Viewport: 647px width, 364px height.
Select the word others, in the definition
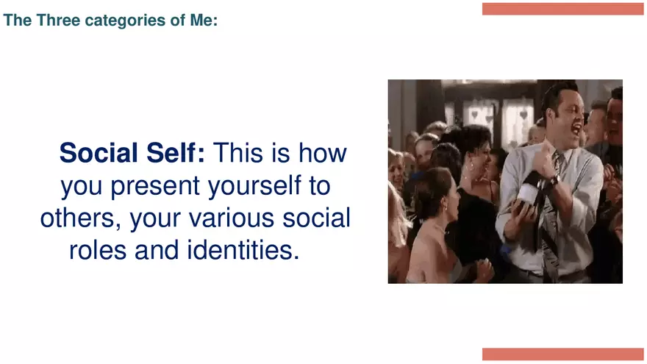[x=78, y=218]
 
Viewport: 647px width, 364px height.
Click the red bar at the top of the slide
[x=562, y=9]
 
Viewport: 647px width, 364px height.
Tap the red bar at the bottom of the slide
[x=562, y=354]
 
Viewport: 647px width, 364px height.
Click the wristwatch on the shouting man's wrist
[x=552, y=179]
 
